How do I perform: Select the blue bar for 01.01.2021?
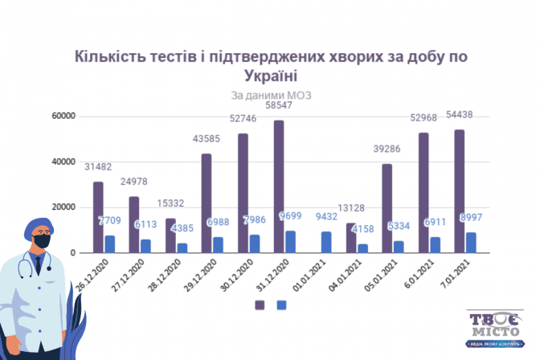326,242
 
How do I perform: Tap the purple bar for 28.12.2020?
170,235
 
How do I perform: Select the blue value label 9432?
326,215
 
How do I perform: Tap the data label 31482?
99,167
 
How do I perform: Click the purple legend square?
260,305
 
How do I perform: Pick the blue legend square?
281,305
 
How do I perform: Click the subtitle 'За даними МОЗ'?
271,95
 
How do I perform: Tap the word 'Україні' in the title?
269,76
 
